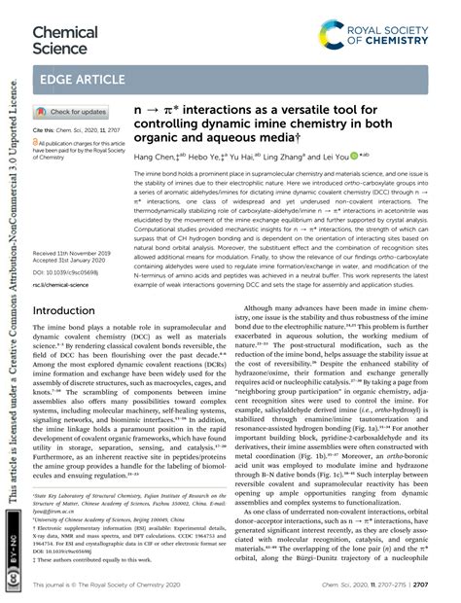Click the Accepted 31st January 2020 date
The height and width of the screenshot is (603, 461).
[74, 234]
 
